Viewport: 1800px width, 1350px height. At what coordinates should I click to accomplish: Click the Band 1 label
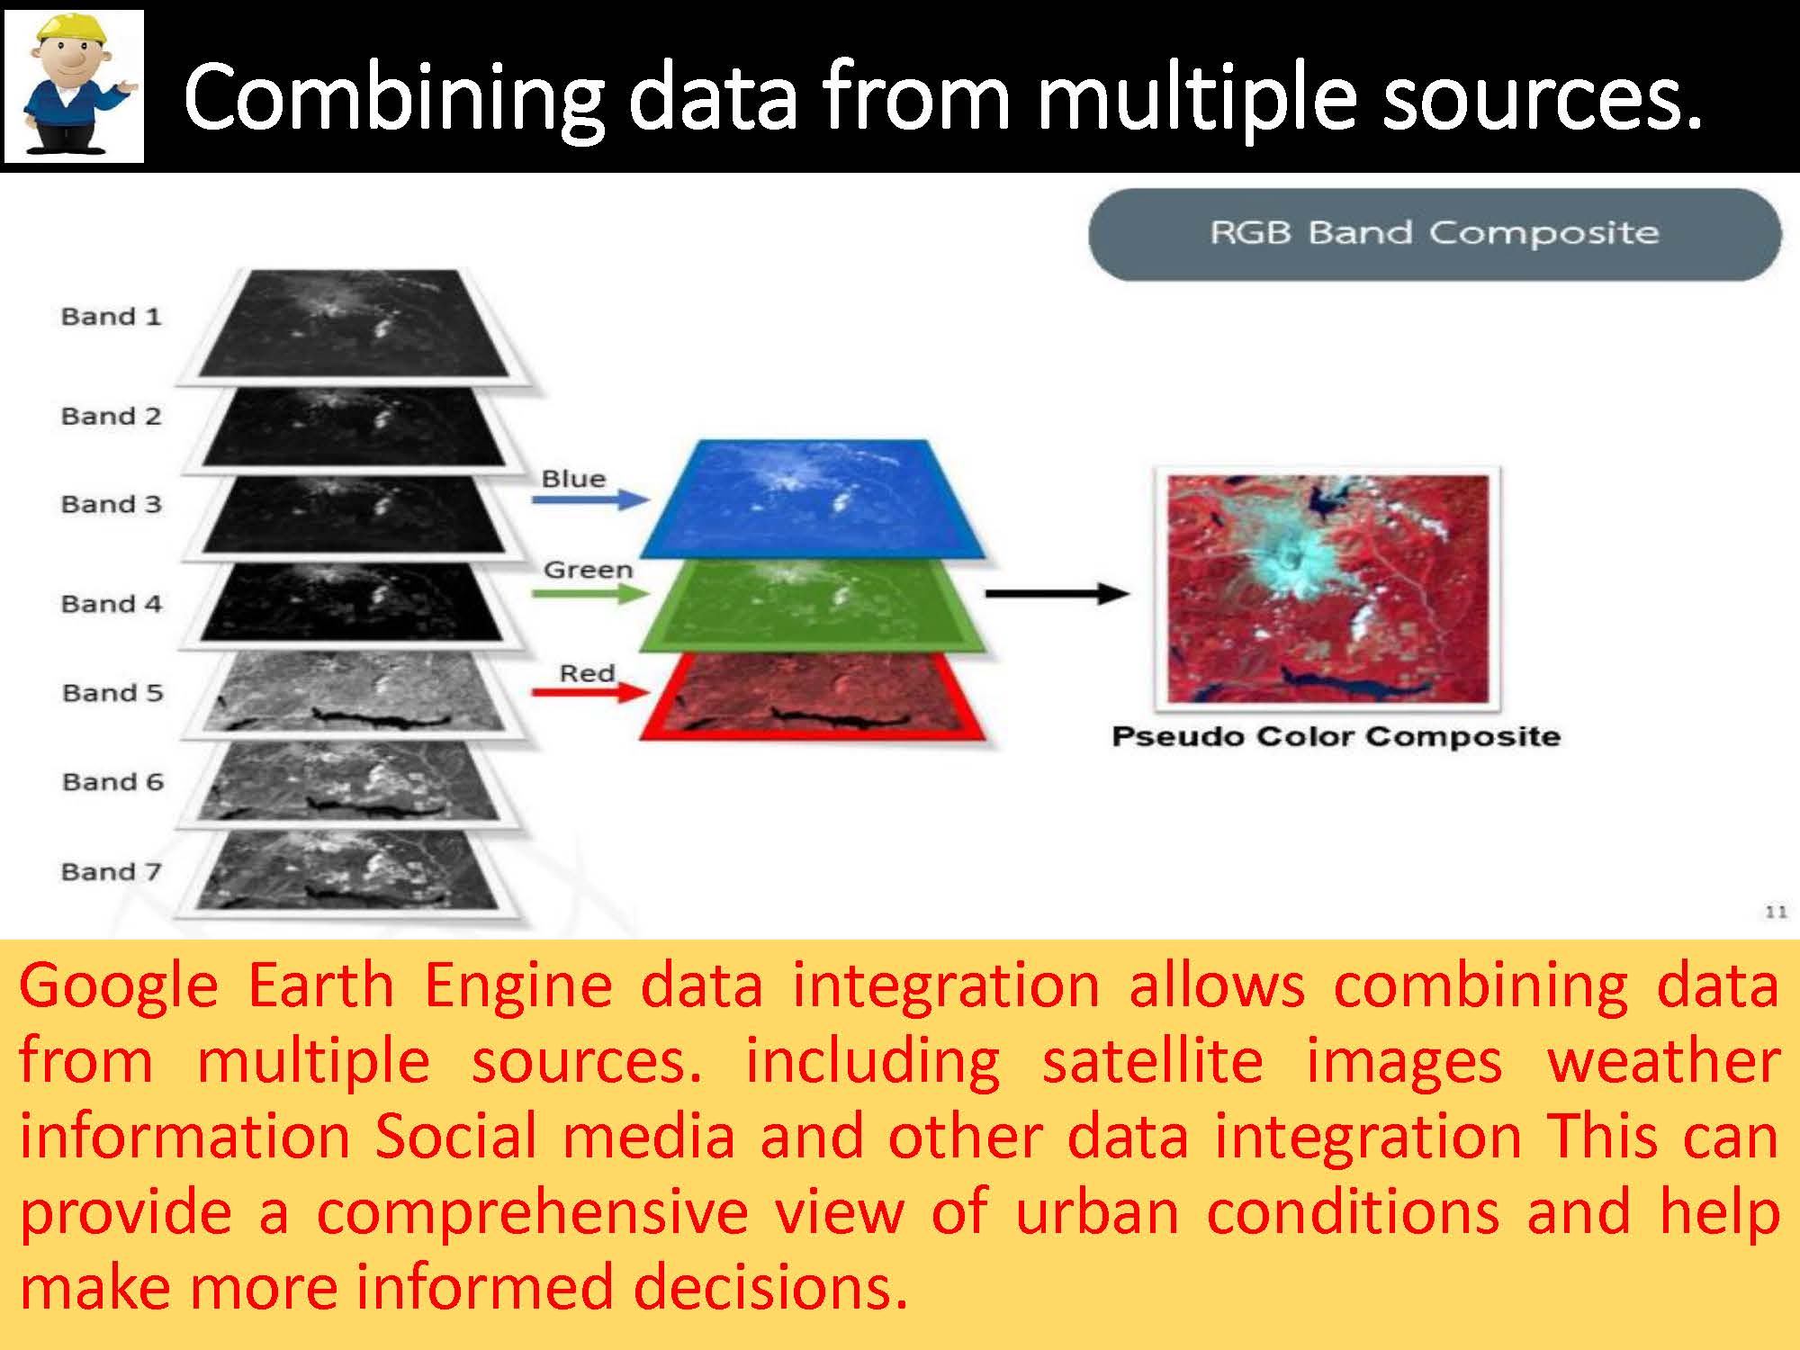point(111,317)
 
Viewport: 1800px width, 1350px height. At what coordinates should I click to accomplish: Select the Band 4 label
point(111,604)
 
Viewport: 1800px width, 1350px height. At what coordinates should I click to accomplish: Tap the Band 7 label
point(111,872)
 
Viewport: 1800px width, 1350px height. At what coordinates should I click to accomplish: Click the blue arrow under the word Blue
point(590,499)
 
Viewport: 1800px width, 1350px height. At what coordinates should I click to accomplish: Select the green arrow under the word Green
point(590,594)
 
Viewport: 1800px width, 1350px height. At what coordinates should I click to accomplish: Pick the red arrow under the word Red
point(590,692)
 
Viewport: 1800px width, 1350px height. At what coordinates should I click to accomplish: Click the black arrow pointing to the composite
point(1057,593)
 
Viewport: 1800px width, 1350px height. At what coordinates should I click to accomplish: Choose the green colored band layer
point(813,605)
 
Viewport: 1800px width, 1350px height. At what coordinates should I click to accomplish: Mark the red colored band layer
point(813,697)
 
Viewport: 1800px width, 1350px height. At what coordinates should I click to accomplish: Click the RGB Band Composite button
point(1435,234)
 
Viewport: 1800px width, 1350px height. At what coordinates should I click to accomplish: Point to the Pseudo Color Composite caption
point(1336,737)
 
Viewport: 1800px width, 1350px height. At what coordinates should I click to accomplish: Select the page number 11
point(1776,913)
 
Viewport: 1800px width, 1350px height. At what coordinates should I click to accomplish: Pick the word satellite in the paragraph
point(1152,1061)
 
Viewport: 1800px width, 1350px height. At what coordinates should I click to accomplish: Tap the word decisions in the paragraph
point(770,1287)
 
